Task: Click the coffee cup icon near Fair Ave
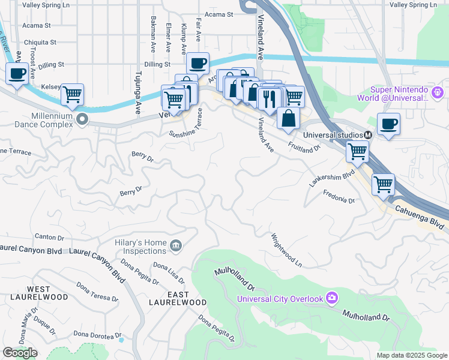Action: (197, 63)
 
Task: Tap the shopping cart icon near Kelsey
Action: (72, 94)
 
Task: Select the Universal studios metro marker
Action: (368, 135)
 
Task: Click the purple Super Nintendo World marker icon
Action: (438, 93)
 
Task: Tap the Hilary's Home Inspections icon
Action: (176, 244)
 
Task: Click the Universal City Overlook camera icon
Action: (332, 298)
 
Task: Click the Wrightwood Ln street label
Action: (286, 250)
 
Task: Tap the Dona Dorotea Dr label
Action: (97, 334)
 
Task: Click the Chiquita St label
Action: (39, 43)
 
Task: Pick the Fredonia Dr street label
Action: (340, 196)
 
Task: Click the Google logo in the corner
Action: (20, 353)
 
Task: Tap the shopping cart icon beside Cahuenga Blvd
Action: (383, 184)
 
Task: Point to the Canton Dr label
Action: (49, 237)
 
